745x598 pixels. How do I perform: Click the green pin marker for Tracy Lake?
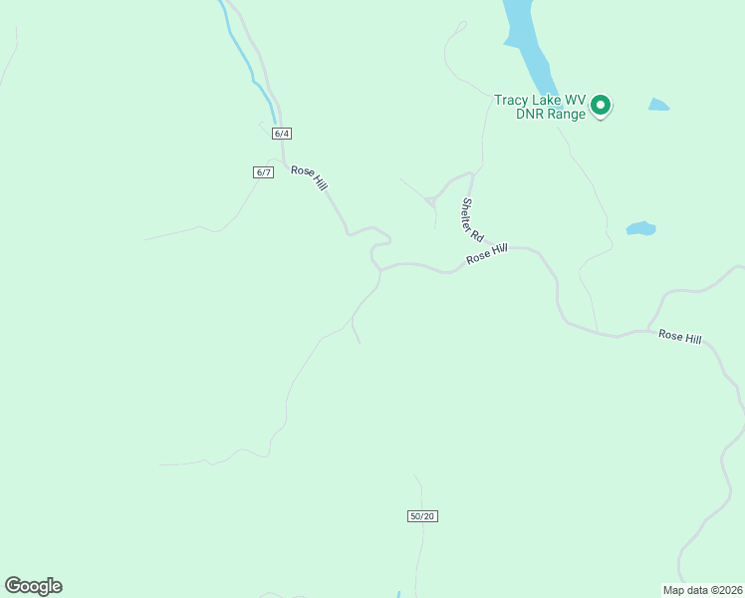[x=601, y=104]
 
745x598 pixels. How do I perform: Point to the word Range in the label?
[x=565, y=115]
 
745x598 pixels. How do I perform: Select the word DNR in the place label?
[x=528, y=115]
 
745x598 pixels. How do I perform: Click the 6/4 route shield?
[x=280, y=134]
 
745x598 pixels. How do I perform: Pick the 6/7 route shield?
[x=263, y=172]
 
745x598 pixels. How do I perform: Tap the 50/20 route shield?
[x=422, y=515]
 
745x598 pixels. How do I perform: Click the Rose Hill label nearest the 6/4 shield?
[x=309, y=177]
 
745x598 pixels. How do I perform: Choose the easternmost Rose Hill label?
[x=679, y=338]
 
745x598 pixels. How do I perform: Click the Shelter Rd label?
[x=471, y=220]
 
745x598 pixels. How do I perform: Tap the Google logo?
[x=33, y=586]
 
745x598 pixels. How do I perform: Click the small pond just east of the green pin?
[x=658, y=104]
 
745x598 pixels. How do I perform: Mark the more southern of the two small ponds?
[x=640, y=228]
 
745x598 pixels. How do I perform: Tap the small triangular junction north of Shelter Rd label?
[x=430, y=202]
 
